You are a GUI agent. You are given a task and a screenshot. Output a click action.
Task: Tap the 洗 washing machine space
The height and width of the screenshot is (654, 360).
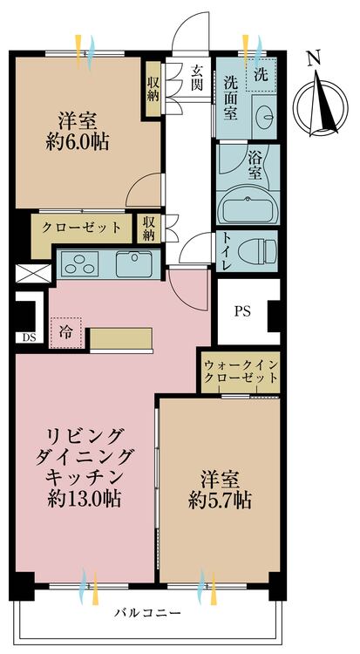tap(261, 74)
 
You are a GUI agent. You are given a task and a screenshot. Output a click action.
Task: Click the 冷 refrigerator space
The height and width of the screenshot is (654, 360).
tap(67, 330)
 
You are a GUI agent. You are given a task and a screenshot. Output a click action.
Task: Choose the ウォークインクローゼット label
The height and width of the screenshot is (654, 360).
tap(241, 371)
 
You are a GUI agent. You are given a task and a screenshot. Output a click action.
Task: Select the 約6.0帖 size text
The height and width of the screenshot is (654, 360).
tap(84, 143)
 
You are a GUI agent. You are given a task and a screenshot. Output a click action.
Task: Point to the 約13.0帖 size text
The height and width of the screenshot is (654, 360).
tap(84, 499)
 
